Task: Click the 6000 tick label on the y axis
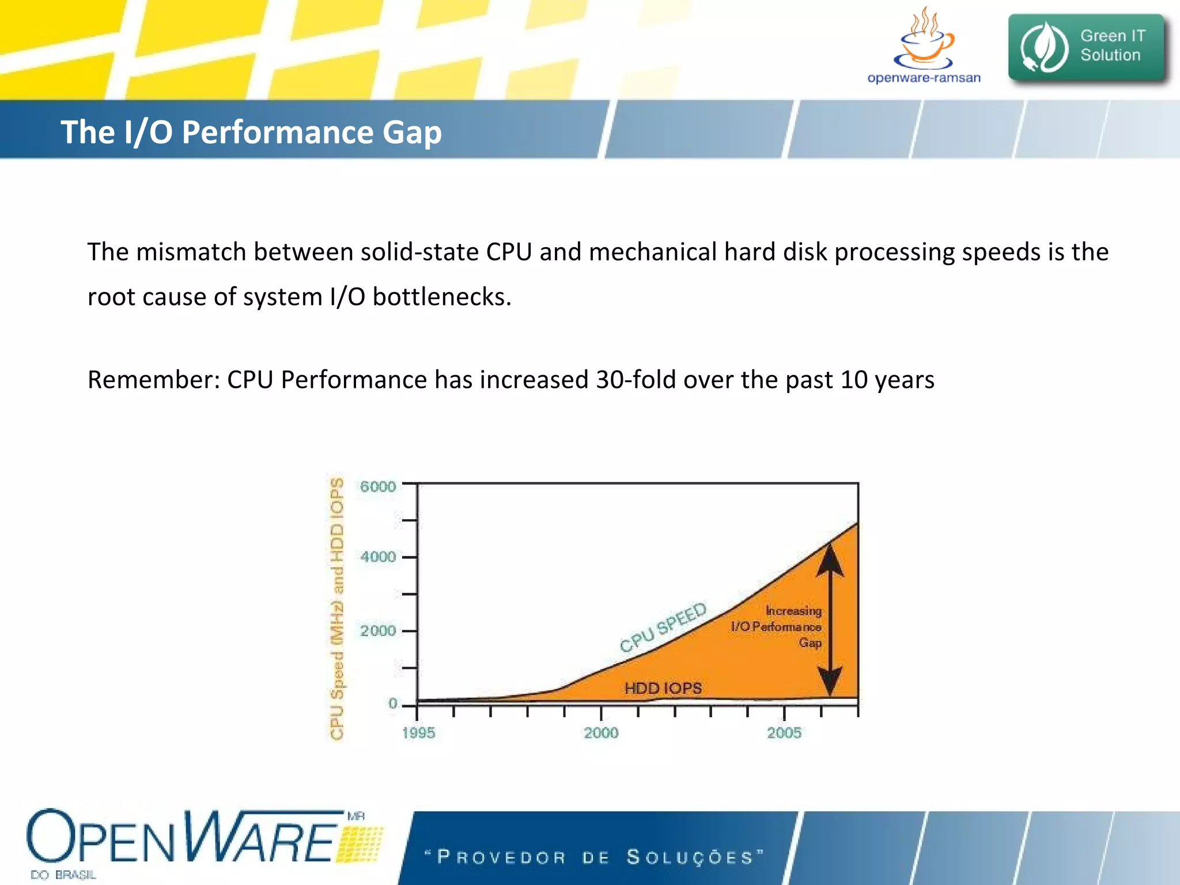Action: point(378,487)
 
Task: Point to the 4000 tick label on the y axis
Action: point(378,557)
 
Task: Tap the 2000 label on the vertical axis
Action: point(378,631)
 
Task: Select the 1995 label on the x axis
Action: point(418,733)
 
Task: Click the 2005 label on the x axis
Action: point(784,733)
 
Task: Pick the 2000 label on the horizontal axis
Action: point(601,733)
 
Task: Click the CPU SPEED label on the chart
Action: point(663,627)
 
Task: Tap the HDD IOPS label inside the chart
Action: point(663,688)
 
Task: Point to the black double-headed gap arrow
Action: point(830,619)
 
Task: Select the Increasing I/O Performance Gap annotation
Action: point(778,626)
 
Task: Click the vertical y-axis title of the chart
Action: point(337,608)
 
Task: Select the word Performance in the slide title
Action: point(278,133)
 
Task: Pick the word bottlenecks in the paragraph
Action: point(441,297)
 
